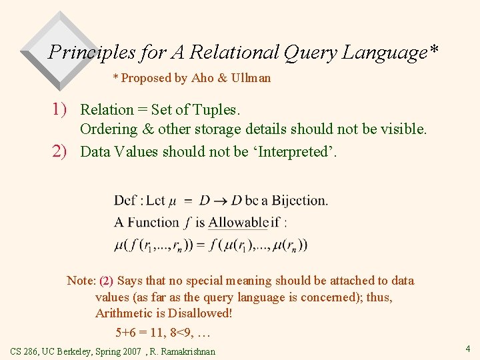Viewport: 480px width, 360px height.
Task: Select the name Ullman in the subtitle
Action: tap(251, 78)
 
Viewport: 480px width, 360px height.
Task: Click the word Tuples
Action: tap(217, 109)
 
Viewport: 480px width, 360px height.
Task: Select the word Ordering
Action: tap(108, 129)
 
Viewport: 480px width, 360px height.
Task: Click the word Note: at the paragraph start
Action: tap(81, 281)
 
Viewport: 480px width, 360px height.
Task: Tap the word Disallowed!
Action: tap(200, 313)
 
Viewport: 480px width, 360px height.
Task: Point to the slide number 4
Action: tap(468, 348)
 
